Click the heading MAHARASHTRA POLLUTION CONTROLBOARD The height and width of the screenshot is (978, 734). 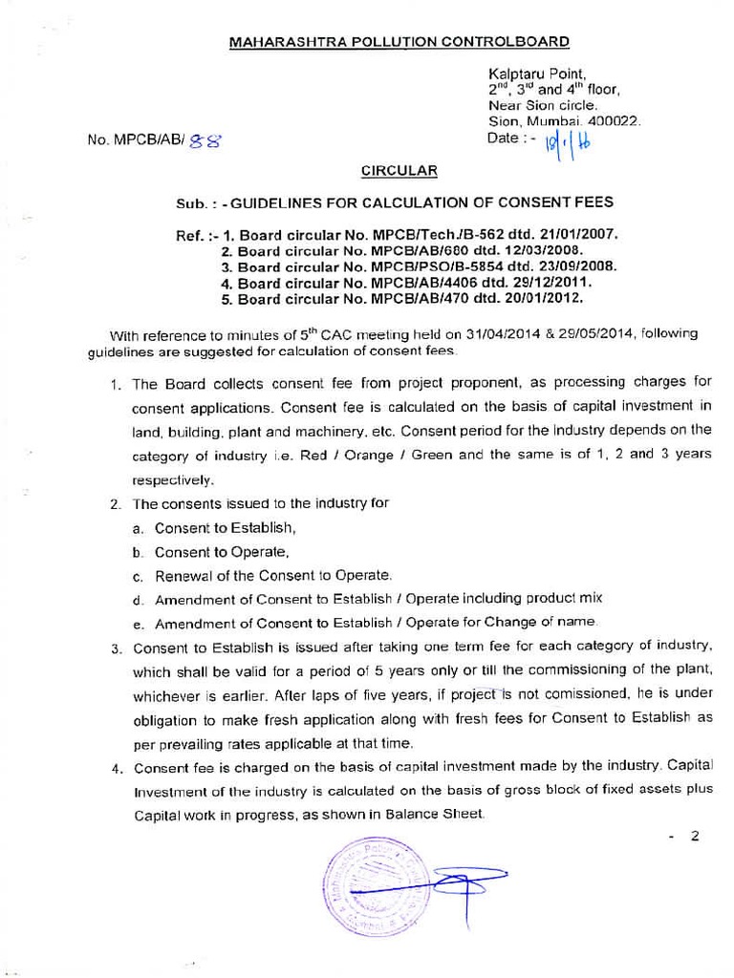(399, 42)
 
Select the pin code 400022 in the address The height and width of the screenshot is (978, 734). (613, 121)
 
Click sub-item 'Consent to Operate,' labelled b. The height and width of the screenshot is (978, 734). (222, 552)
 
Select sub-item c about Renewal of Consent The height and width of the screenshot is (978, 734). (273, 576)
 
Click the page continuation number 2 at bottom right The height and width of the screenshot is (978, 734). (695, 837)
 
